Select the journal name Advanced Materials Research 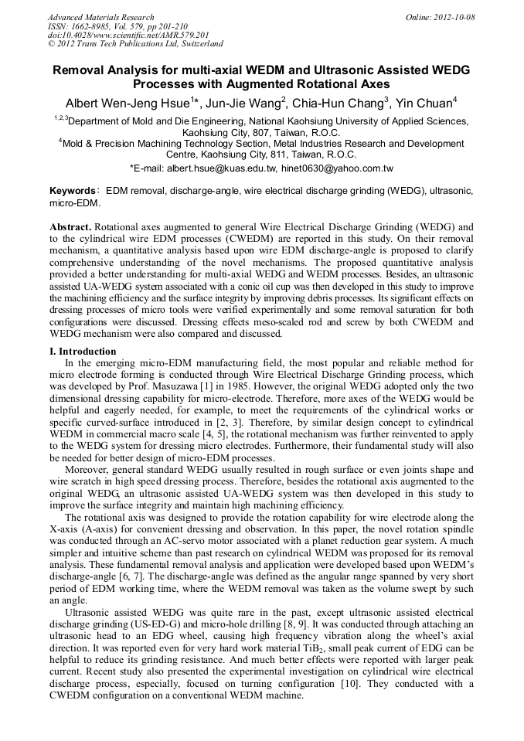[x=101, y=17]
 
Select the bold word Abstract [x=70, y=227]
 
